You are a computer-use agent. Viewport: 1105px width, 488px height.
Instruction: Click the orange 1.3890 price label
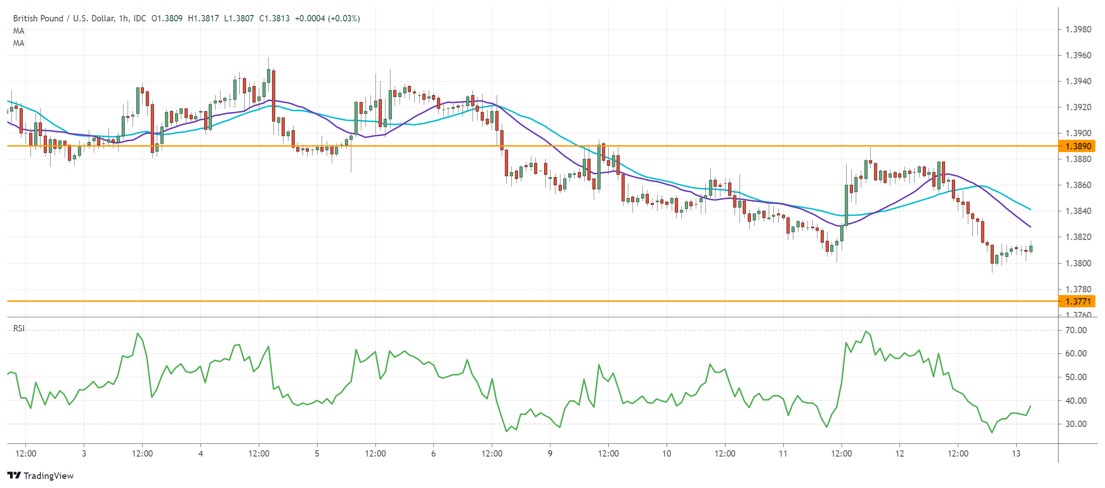(1078, 146)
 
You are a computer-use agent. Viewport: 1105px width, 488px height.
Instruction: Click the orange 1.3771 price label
(1078, 301)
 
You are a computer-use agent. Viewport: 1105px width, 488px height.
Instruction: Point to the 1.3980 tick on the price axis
(1078, 30)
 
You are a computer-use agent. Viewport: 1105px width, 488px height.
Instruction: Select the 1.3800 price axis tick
(1078, 263)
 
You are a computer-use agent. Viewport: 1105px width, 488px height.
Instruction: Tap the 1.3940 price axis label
(1078, 81)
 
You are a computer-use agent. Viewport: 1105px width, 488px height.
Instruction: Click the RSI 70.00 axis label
(1076, 330)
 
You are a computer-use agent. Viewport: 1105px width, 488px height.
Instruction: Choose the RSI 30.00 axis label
(1076, 424)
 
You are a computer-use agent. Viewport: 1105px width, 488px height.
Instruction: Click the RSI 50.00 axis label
(1076, 377)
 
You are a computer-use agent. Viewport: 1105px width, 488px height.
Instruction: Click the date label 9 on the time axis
(550, 453)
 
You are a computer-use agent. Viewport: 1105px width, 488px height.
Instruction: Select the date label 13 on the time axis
(1016, 453)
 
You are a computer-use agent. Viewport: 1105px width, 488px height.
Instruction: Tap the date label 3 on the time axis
(84, 453)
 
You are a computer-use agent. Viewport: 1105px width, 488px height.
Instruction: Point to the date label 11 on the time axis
(783, 453)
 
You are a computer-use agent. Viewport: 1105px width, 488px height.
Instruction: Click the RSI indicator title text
(19, 328)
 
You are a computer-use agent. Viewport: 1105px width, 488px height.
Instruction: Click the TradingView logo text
(48, 476)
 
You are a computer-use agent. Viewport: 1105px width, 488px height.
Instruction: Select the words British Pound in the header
(38, 19)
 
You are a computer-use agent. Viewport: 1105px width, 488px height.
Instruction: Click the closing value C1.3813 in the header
(274, 19)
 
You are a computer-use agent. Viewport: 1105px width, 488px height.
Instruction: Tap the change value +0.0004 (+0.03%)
(327, 19)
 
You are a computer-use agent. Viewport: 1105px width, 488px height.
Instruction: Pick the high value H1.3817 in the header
(203, 19)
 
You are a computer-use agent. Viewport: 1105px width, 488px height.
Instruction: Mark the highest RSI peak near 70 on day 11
(865, 331)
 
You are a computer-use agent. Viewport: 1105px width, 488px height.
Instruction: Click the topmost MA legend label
(19, 31)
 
